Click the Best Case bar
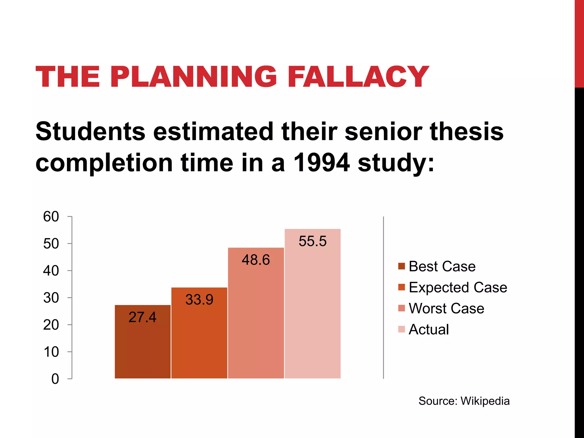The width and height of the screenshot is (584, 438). click(x=143, y=348)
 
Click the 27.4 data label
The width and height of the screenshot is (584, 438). click(x=142, y=317)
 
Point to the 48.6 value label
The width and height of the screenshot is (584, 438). click(x=256, y=260)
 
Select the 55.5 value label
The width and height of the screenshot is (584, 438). click(x=313, y=241)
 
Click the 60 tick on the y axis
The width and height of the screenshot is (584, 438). click(x=51, y=217)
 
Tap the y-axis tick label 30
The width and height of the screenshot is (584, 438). click(x=51, y=298)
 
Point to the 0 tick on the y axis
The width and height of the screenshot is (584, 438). click(x=55, y=379)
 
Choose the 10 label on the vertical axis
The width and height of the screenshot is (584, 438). click(x=51, y=352)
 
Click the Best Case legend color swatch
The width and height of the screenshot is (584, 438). click(x=401, y=266)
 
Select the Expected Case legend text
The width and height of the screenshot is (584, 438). click(x=458, y=287)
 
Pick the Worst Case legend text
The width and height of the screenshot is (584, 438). click(x=446, y=309)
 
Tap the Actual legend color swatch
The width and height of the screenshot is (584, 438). click(x=401, y=329)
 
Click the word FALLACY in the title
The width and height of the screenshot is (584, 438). click(x=358, y=77)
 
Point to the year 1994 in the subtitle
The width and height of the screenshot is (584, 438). click(x=321, y=163)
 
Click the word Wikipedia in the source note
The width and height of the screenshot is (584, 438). click(x=485, y=401)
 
